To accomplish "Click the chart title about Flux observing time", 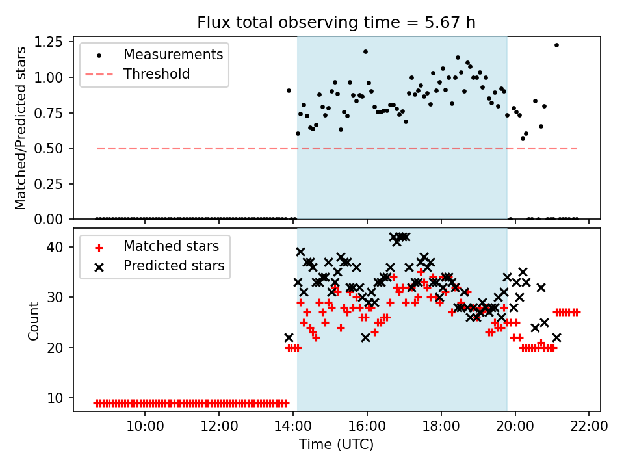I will click(336, 23).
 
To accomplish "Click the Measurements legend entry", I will click(173, 54).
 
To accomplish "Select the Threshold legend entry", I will click(157, 74).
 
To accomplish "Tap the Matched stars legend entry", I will click(171, 246).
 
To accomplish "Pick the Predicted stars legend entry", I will click(174, 266).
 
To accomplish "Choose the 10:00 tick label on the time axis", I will click(145, 427).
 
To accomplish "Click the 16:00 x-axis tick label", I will click(367, 427).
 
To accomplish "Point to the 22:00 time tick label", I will click(589, 427).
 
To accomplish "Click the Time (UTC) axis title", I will click(336, 445).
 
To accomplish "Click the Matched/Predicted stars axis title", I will click(21, 128).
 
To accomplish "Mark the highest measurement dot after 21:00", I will click(556, 45).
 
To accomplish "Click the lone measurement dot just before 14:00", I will click(289, 90).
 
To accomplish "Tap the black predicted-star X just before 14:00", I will click(289, 337).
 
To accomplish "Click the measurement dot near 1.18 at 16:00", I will click(365, 51).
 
